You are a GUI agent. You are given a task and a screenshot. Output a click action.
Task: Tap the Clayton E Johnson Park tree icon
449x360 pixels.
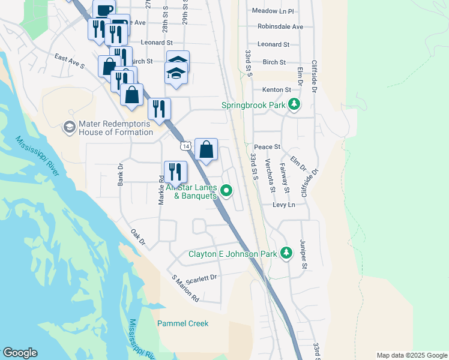tap(286, 253)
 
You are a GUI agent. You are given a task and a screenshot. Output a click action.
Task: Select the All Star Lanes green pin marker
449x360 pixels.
tap(226, 191)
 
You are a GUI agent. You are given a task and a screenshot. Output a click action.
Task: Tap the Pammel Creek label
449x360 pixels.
tap(182, 323)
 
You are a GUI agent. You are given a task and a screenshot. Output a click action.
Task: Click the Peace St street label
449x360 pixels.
tap(267, 147)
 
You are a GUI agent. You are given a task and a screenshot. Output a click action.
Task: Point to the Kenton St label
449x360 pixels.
tap(276, 90)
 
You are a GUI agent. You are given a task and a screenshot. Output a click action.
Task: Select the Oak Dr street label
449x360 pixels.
tap(138, 236)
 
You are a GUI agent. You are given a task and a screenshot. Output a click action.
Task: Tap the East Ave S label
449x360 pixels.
tap(68, 61)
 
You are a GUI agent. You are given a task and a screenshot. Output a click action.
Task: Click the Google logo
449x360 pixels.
tap(20, 353)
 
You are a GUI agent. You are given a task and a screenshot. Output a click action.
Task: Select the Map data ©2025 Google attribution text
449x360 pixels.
tap(411, 355)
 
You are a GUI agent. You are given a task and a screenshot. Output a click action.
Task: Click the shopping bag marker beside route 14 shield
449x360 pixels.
tap(206, 150)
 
